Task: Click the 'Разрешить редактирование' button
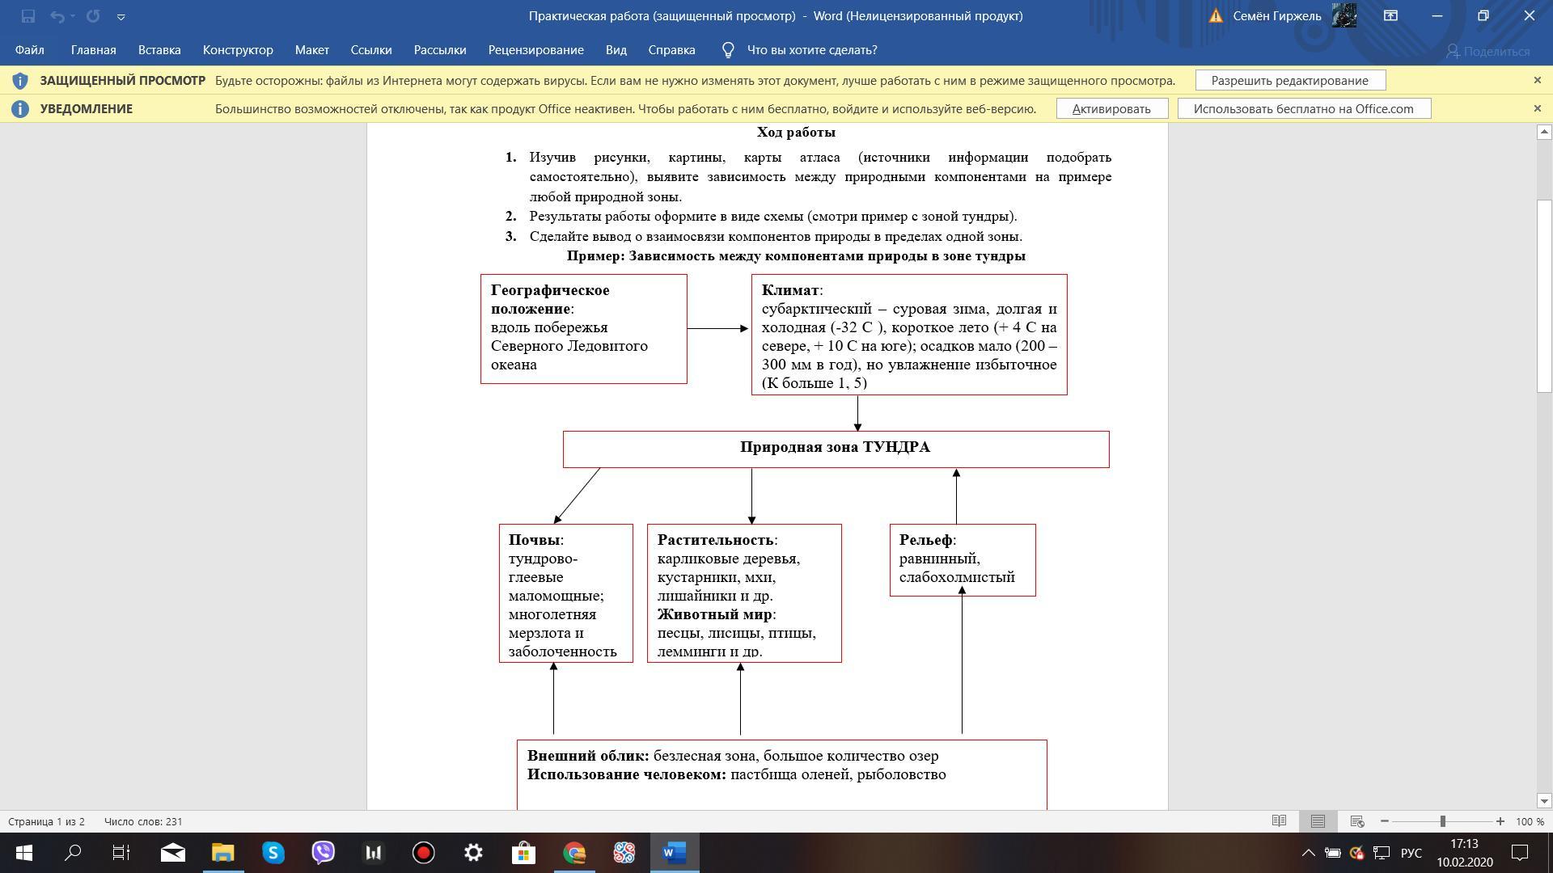(x=1289, y=81)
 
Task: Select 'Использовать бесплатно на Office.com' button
(x=1303, y=109)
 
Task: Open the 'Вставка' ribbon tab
(x=159, y=50)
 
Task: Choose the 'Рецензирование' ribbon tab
(x=535, y=50)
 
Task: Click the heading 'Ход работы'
(x=796, y=133)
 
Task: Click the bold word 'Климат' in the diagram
(x=790, y=290)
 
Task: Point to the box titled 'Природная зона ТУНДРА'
(x=835, y=448)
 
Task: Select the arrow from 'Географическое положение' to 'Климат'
(x=718, y=328)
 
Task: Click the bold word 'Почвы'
(x=534, y=540)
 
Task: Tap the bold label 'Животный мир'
(x=714, y=614)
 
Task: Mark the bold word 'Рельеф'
(x=925, y=540)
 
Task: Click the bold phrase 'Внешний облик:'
(x=587, y=756)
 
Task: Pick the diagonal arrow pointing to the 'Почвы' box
(x=578, y=496)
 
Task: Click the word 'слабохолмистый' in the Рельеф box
(x=956, y=577)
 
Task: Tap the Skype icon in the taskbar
(x=273, y=853)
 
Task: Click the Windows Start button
(x=23, y=853)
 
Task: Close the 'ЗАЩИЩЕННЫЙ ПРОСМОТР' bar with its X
(x=1537, y=80)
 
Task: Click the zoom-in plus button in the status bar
(x=1500, y=821)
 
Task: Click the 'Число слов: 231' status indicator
(x=143, y=821)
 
